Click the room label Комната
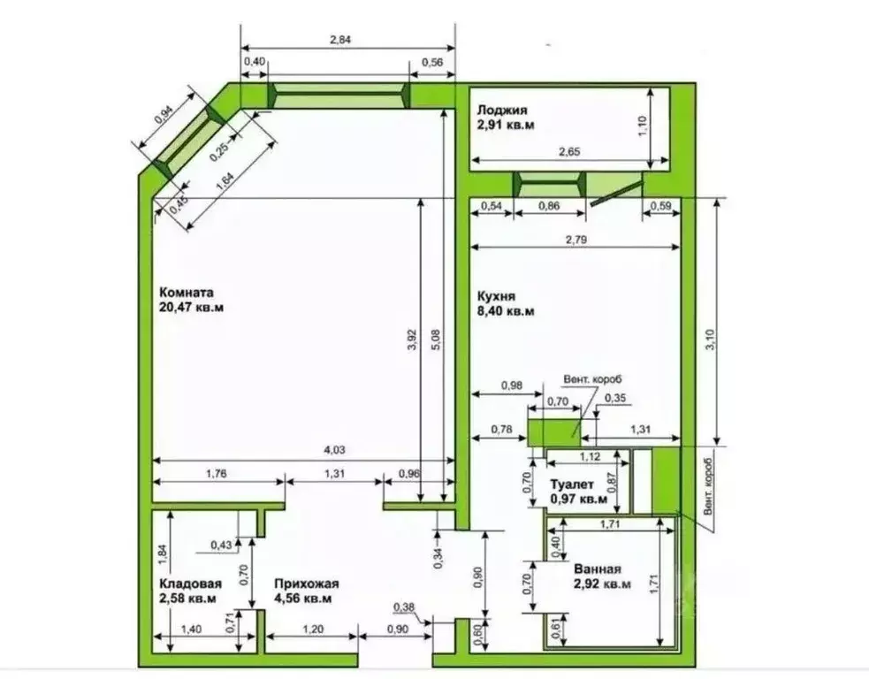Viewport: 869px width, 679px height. coord(187,293)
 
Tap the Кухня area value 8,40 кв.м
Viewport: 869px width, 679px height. coord(506,311)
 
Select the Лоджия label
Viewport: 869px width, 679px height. coord(502,111)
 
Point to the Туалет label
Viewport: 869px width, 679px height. coord(571,485)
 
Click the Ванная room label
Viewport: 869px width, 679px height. coord(598,569)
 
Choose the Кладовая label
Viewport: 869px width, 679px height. coord(191,584)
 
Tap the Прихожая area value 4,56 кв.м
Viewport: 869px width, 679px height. coord(303,599)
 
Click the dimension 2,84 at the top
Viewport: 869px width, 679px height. coord(340,40)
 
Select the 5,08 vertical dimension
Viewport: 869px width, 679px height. coord(436,339)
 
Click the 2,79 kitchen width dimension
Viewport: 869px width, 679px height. coord(576,240)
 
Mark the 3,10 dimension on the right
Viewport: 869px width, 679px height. coord(712,339)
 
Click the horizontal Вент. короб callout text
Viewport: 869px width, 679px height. coord(593,379)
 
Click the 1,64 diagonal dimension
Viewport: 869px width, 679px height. coord(225,181)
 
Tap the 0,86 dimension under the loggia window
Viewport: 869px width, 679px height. coord(549,206)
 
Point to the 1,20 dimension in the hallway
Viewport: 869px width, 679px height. coord(313,629)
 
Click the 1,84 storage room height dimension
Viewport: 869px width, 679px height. coord(162,555)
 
